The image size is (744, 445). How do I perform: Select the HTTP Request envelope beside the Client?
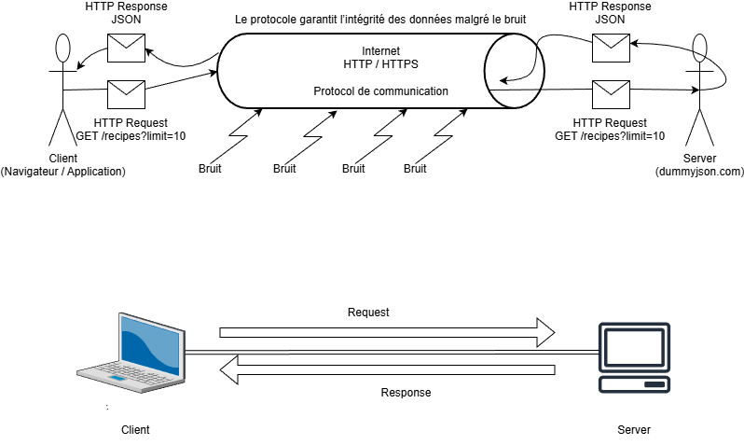124,93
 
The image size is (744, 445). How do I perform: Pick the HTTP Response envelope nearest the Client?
124,46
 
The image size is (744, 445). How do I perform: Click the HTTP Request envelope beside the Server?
611,93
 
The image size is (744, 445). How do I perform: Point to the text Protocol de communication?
380,91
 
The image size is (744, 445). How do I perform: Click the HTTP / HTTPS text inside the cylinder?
380,63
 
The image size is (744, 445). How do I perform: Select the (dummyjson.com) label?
699,172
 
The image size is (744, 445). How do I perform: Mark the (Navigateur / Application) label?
63,172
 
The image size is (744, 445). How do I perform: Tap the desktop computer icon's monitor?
634,347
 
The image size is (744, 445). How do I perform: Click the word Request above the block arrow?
367,313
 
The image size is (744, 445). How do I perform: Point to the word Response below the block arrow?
406,393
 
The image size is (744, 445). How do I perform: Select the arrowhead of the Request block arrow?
544,331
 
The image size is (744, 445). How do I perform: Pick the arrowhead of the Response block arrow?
230,371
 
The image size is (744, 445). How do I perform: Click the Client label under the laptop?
135,430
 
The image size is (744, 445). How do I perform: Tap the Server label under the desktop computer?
634,430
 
